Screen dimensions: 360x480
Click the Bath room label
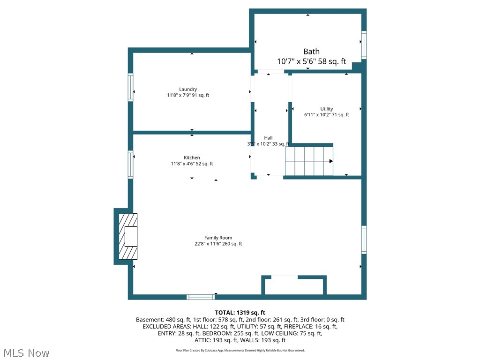(311, 52)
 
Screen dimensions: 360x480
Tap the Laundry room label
(188, 89)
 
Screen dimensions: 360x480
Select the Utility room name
(327, 109)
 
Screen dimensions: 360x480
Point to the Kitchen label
(192, 157)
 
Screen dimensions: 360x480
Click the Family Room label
(218, 238)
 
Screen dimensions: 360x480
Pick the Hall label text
(268, 138)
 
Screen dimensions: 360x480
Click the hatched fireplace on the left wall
(127, 237)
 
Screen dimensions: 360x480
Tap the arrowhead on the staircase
(331, 161)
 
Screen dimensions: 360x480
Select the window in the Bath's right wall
(364, 45)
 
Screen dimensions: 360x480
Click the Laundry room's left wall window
(131, 87)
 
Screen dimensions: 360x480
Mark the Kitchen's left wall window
(131, 164)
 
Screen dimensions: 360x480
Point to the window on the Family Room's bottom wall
(201, 297)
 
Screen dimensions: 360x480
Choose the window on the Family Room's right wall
(364, 240)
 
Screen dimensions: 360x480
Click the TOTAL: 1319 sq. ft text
(240, 313)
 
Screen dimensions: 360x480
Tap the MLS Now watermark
(26, 352)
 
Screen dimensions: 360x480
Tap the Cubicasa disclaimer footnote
(240, 350)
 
